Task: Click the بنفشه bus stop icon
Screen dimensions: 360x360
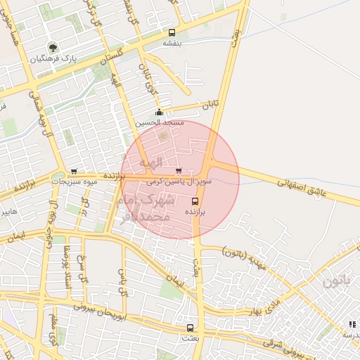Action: click(172, 32)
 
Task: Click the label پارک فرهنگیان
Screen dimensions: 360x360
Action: click(53, 58)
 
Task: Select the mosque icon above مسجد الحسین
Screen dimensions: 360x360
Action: click(160, 112)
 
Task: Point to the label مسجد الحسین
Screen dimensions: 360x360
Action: click(162, 122)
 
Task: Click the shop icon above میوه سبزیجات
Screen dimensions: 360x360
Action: click(75, 172)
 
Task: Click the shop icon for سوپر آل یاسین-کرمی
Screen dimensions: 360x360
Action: click(178, 171)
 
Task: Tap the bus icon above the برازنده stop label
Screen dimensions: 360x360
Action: click(195, 200)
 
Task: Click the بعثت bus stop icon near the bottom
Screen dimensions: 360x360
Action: click(190, 328)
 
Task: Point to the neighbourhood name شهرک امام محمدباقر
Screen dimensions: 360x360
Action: click(146, 209)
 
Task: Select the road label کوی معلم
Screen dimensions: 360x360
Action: click(54, 330)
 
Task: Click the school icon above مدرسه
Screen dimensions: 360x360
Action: click(352, 324)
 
